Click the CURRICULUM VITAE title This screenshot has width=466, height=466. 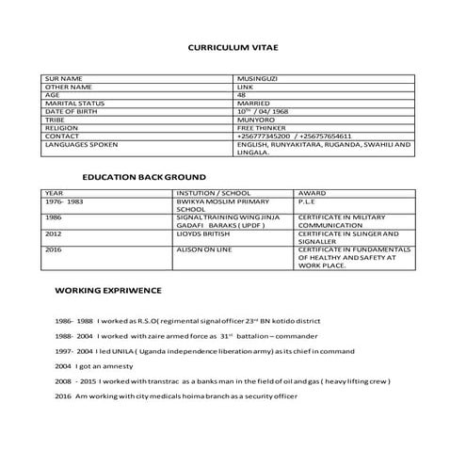233,45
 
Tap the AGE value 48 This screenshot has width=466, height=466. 243,95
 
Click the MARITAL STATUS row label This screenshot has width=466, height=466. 74,104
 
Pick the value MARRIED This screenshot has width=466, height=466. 254,104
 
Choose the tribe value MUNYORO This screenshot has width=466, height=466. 256,121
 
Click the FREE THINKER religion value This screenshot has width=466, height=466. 261,129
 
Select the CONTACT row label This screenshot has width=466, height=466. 62,137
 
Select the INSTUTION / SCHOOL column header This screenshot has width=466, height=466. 207,192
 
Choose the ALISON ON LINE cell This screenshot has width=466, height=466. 202,249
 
